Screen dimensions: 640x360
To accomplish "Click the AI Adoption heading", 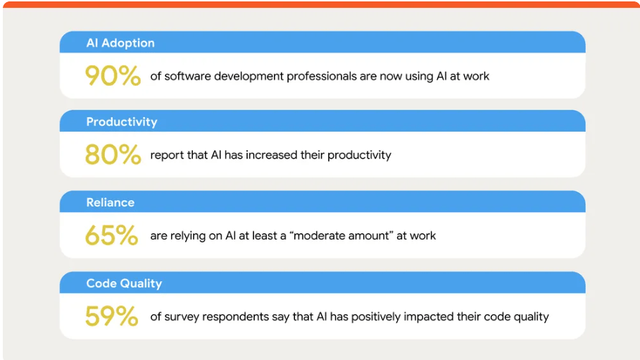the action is (x=120, y=43).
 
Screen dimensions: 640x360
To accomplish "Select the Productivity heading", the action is (x=122, y=122).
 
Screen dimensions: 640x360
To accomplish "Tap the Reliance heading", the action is (x=111, y=202).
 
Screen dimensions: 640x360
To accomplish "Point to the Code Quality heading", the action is (x=124, y=283).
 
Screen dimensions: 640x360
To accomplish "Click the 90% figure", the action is (x=113, y=75).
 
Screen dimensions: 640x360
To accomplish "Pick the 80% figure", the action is (x=113, y=154).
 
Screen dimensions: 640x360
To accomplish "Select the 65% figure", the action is (x=111, y=235).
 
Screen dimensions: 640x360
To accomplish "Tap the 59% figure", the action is (x=111, y=316).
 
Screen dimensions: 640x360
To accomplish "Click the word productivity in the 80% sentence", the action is (x=359, y=155).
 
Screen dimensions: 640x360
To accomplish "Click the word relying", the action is (x=188, y=236).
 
